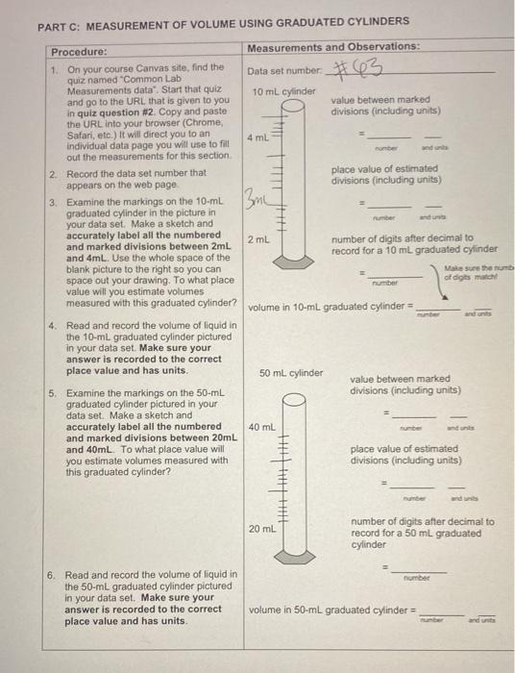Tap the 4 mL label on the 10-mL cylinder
pyautogui.click(x=257, y=138)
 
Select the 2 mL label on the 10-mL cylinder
pyautogui.click(x=257, y=237)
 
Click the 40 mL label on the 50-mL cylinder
pyautogui.click(x=263, y=425)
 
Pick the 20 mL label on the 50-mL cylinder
pyautogui.click(x=263, y=528)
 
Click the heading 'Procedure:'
pyautogui.click(x=79, y=51)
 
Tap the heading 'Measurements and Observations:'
pyautogui.click(x=332, y=46)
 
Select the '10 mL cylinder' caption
pyautogui.click(x=283, y=91)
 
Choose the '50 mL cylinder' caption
pyautogui.click(x=291, y=372)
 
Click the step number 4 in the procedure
pyautogui.click(x=52, y=326)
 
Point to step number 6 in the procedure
pyautogui.click(x=52, y=574)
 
